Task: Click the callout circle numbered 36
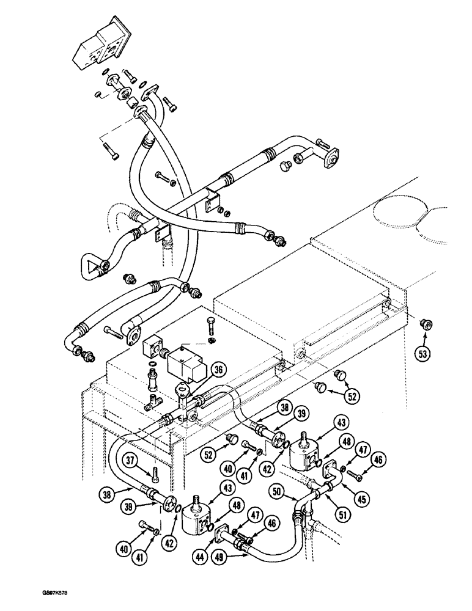click(x=216, y=368)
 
